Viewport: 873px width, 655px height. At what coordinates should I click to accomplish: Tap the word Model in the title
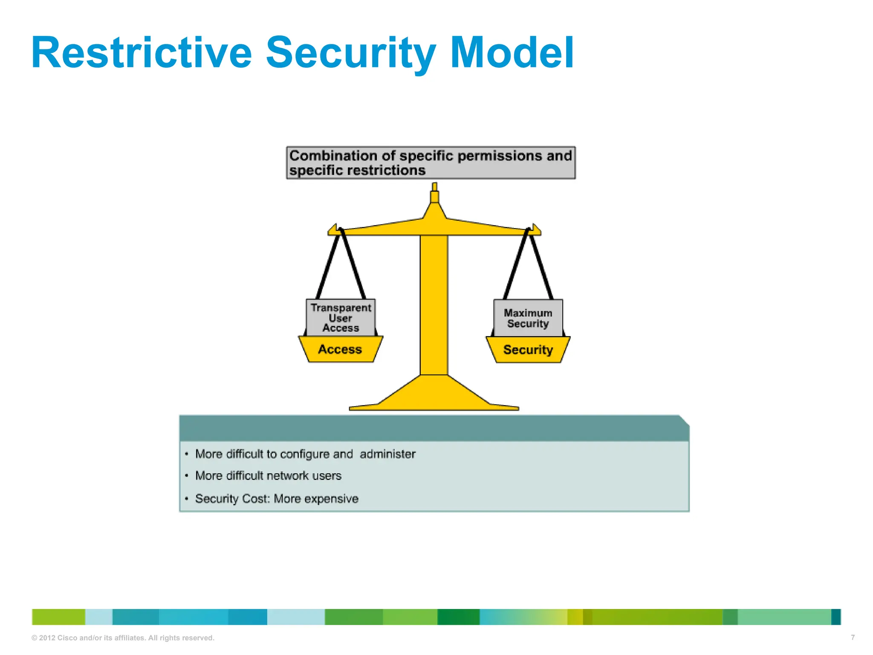(512, 52)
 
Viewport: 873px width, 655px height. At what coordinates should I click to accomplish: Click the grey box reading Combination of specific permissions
(431, 163)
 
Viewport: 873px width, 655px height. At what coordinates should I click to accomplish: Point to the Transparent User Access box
(341, 318)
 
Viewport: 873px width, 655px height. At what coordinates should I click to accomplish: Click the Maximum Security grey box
(528, 318)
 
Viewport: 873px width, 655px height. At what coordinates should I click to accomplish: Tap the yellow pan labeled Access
(340, 350)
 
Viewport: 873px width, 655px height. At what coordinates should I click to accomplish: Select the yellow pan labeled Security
(528, 350)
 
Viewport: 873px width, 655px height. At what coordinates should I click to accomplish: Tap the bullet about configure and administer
(305, 454)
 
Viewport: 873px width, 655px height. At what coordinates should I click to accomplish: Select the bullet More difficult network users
(268, 476)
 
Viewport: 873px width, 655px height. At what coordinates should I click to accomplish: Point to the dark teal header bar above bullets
(434, 428)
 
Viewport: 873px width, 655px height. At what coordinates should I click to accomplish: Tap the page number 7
(853, 638)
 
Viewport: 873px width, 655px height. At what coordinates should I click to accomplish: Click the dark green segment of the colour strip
(458, 617)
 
